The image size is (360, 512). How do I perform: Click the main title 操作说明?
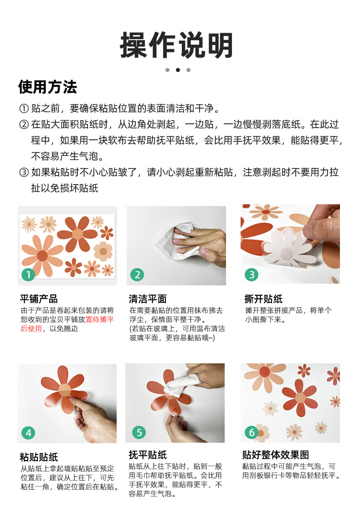[176, 46]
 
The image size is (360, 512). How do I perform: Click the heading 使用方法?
[48, 87]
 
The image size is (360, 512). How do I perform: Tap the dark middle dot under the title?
[178, 70]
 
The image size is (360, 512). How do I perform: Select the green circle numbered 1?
[28, 274]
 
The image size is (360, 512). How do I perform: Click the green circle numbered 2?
[137, 274]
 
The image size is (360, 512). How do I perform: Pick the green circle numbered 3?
[252, 274]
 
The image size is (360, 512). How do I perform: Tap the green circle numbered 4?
[28, 433]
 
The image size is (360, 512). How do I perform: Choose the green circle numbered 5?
[139, 432]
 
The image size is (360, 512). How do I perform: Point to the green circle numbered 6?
[252, 432]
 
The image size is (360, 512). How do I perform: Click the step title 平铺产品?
[39, 299]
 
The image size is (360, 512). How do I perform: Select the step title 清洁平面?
[148, 299]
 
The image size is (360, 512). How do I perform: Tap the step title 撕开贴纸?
[263, 299]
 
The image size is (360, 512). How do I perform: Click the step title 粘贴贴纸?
[39, 457]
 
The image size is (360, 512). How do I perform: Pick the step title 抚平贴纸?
[148, 455]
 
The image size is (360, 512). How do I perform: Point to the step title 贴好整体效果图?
[275, 455]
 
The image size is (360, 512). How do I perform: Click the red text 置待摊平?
[99, 319]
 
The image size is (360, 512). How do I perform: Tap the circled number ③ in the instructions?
[24, 172]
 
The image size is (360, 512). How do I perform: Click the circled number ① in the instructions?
[24, 109]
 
